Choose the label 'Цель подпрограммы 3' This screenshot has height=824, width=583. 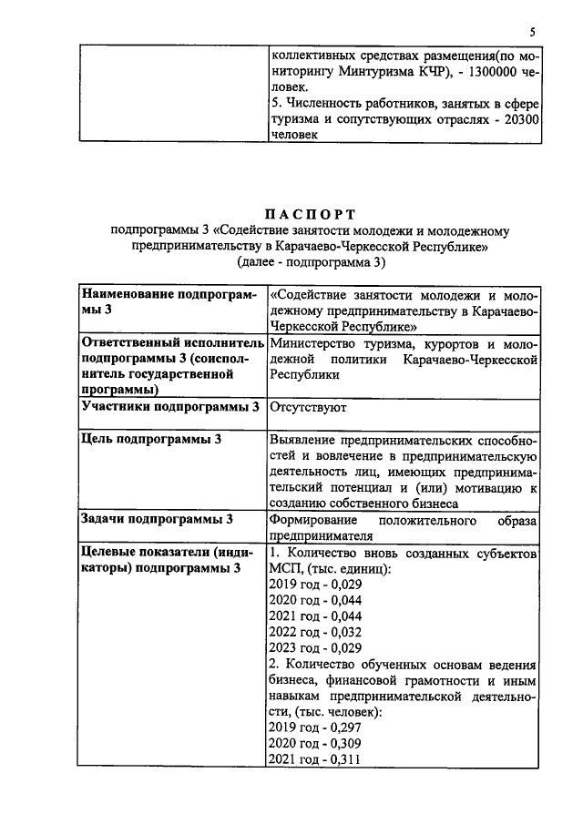coord(152,439)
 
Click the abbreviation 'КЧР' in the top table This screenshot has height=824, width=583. coord(425,70)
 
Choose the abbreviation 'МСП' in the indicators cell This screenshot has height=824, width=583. coord(284,568)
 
